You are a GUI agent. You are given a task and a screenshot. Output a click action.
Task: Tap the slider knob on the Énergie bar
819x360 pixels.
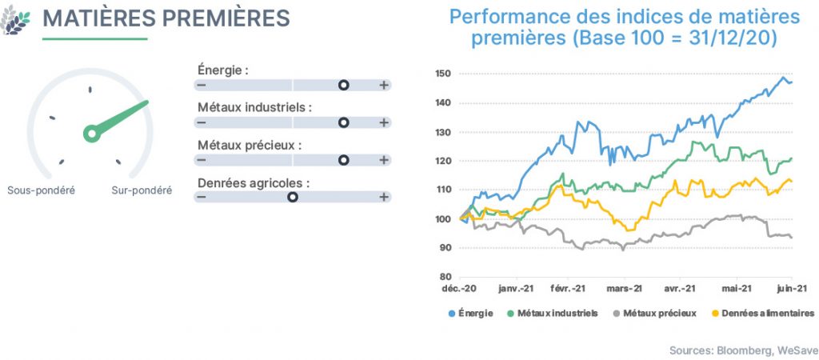coord(343,85)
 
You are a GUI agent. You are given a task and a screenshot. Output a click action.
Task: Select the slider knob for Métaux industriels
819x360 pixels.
coord(343,122)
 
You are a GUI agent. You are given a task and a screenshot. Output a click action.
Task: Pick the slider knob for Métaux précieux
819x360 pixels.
coord(343,160)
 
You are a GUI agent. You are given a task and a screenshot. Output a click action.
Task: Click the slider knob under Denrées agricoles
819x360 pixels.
coord(293,197)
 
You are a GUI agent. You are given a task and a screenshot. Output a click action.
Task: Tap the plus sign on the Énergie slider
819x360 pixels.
coord(384,85)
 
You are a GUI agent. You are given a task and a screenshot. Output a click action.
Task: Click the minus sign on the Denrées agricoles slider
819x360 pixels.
coord(201,197)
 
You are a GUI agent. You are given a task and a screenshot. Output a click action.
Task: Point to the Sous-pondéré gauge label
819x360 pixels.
coord(42,190)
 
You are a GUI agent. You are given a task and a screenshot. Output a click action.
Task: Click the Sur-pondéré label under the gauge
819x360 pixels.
coord(142,190)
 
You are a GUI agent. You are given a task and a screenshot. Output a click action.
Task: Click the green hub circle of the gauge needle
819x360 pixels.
coord(92,134)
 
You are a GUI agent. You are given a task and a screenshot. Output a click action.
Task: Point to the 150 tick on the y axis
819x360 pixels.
coord(442,74)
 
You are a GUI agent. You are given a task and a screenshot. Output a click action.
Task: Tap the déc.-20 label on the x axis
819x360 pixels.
coord(460,289)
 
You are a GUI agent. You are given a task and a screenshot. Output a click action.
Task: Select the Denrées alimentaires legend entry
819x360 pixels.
coord(763,314)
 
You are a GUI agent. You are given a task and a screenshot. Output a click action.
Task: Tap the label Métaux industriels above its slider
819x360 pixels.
coord(254,108)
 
